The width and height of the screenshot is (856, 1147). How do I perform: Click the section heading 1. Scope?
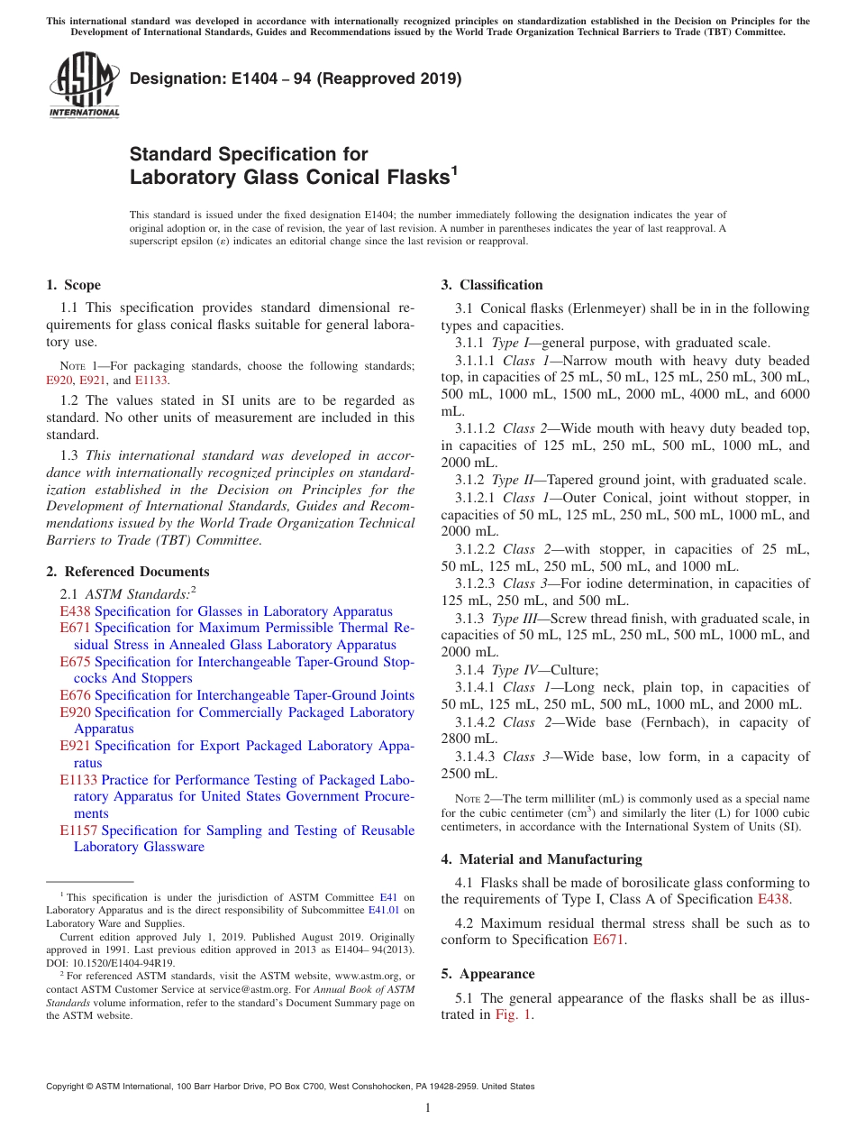pyautogui.click(x=74, y=285)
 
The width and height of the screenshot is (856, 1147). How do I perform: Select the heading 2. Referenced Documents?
pyautogui.click(x=128, y=572)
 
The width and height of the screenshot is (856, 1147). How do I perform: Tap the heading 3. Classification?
pyautogui.click(x=492, y=285)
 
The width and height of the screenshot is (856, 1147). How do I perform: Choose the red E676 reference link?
pyautogui.click(x=75, y=695)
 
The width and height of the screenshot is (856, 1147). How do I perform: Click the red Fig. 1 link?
pyautogui.click(x=514, y=1014)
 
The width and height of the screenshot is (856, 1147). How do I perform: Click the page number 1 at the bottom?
pyautogui.click(x=428, y=1107)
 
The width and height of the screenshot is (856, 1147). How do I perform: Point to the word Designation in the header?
pyautogui.click(x=170, y=78)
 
